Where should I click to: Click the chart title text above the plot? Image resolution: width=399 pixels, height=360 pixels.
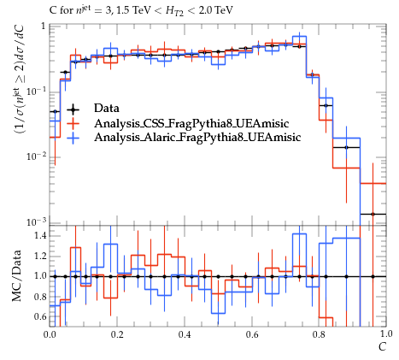point(141,11)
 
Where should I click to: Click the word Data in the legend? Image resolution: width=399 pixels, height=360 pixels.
point(107,109)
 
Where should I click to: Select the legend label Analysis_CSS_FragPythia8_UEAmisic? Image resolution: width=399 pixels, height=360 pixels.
point(191,123)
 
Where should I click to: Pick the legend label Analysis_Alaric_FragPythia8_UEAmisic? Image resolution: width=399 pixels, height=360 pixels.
point(197,137)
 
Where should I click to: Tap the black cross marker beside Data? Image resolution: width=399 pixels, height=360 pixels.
point(73,109)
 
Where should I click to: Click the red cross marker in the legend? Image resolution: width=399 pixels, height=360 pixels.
point(73,123)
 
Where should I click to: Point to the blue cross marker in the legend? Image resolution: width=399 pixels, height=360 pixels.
point(73,138)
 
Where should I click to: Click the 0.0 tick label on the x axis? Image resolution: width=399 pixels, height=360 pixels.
point(50,334)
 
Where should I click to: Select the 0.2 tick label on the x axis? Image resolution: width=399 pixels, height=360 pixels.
point(117,334)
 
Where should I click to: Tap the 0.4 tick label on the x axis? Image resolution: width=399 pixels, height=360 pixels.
point(185,334)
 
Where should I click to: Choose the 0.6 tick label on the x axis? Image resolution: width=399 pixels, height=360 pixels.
point(252,334)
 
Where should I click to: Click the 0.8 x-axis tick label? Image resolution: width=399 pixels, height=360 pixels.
point(319,334)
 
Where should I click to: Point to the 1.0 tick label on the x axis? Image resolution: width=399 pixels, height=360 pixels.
point(386,333)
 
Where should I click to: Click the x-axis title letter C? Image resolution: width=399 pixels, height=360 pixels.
point(382,347)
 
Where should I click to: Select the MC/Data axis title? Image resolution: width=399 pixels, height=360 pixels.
point(17,276)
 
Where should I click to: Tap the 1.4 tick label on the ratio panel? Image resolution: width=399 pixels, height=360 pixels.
point(40,236)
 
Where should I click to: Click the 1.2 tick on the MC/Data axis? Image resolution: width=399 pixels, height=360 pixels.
point(40,256)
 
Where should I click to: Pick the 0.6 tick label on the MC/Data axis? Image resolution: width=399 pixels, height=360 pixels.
point(40,316)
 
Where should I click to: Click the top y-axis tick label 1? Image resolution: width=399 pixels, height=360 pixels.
point(44,27)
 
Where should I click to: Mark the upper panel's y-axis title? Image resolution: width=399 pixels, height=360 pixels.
point(19,80)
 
